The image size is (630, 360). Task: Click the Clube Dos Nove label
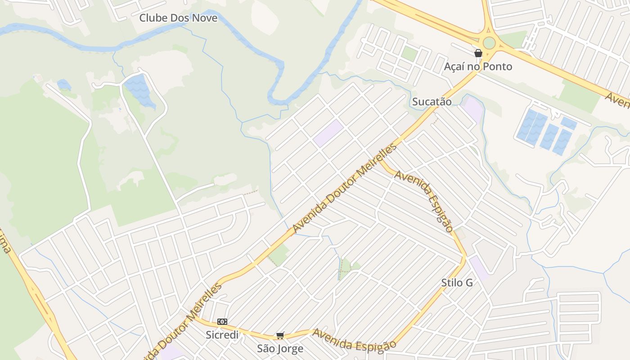coord(178,18)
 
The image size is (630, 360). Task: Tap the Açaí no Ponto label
coord(478,67)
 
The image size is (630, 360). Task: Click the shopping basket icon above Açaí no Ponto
coord(478,54)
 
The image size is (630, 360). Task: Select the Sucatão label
coord(432,102)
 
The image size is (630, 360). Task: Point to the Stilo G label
coord(457,283)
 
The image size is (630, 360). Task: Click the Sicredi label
coord(222,335)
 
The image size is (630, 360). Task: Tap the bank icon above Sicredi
coord(222,322)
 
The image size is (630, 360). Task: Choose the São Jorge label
coord(280,349)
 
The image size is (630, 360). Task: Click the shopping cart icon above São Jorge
coord(280,336)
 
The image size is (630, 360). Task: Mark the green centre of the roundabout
coord(489,44)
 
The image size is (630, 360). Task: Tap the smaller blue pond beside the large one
coord(64,85)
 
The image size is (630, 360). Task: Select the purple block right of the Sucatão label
coord(472,108)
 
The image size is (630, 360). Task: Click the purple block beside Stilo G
coord(478,267)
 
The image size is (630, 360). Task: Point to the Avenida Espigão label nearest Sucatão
coord(423,201)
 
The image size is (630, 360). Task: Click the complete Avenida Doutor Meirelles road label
coord(345,189)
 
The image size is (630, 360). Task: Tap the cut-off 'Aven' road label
coord(617,100)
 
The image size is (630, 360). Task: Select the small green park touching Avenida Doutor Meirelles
coord(279,255)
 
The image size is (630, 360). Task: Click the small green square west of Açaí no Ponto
coord(409,54)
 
